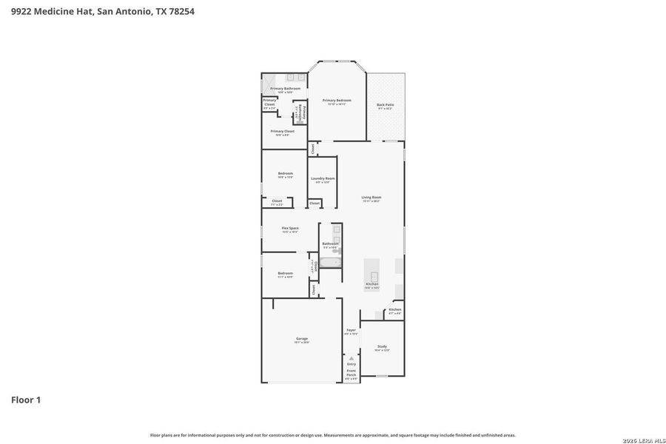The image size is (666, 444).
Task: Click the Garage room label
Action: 302,340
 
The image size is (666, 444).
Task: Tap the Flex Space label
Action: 290,229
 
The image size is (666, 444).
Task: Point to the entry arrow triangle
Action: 351,358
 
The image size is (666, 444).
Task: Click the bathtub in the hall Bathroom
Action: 331,262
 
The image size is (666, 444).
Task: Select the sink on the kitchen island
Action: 374,276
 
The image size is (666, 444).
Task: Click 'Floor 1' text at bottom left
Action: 26,400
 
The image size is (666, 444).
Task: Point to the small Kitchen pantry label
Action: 395,311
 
